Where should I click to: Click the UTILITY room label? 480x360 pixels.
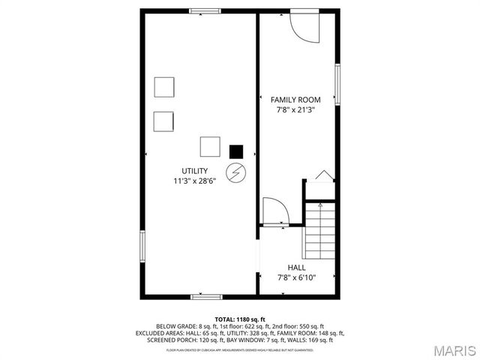[x=194, y=171]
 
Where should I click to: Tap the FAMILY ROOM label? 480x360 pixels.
[x=295, y=100]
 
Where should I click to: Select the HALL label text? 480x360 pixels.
[x=296, y=267]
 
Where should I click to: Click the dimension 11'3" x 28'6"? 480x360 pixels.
[x=194, y=181]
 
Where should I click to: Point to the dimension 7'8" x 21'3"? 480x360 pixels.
[x=295, y=109]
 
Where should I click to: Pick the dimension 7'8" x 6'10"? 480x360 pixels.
[x=296, y=277]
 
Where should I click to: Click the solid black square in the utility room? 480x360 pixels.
[x=236, y=151]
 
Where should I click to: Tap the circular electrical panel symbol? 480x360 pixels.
[x=236, y=173]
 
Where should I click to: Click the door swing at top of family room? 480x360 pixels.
[x=303, y=26]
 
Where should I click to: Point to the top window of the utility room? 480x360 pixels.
[x=205, y=11]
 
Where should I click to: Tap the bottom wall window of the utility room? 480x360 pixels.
[x=205, y=296]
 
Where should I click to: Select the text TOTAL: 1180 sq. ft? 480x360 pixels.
[x=240, y=319]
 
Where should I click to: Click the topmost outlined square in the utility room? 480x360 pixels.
[x=164, y=87]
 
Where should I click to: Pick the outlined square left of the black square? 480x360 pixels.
[x=210, y=146]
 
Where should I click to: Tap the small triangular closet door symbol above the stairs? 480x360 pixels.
[x=323, y=175]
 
